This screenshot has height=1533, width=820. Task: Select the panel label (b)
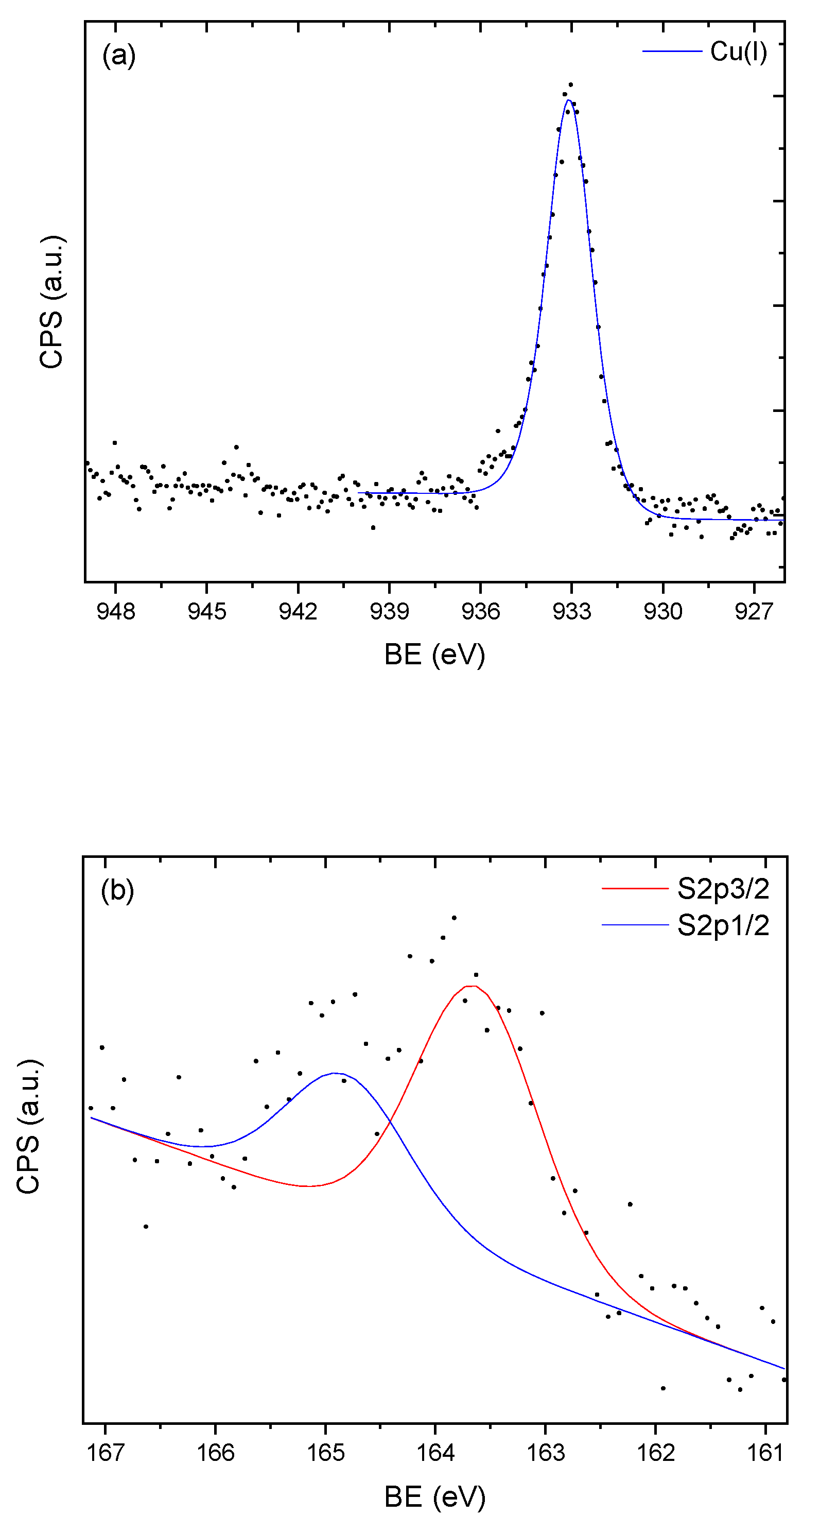point(117,890)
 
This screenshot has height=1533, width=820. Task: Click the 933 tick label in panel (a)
point(571,611)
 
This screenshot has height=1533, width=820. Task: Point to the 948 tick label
point(115,611)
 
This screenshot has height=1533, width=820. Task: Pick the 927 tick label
point(754,611)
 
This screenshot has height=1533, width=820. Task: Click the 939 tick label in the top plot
point(389,611)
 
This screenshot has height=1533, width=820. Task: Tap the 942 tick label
point(298,611)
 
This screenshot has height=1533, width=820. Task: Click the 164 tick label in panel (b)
point(435,1453)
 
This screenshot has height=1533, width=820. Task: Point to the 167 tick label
point(106,1453)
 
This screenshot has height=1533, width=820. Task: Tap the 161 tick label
point(765,1453)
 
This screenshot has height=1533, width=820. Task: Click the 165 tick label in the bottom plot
point(325,1453)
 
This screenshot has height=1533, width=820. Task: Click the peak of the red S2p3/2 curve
point(470,986)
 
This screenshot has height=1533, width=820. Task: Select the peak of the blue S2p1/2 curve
point(335,1073)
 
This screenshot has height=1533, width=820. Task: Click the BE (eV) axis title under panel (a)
point(434,654)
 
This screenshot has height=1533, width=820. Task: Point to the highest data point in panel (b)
point(454,918)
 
